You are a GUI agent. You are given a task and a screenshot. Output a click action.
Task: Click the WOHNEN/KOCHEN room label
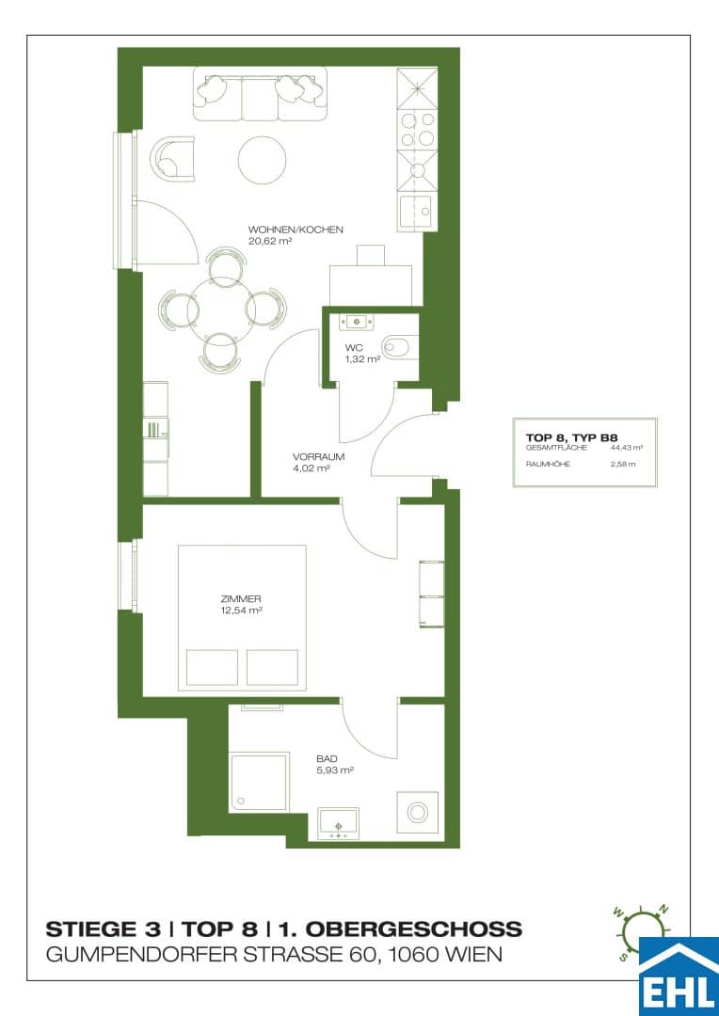coord(295,230)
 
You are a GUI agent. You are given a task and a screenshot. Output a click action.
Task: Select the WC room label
coord(354,347)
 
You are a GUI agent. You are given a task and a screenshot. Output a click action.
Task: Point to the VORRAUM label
coord(318,457)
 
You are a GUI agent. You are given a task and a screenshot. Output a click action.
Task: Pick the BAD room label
coord(327,759)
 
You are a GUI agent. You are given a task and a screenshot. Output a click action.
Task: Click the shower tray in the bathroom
coord(259,782)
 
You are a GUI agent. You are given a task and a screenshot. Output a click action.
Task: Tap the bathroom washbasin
coord(338,824)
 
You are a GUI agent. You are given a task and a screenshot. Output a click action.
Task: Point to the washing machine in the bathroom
coord(416,811)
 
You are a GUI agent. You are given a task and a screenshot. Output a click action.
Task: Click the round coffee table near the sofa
coord(262,160)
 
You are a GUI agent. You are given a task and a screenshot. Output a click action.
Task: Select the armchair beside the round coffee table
coord(172,158)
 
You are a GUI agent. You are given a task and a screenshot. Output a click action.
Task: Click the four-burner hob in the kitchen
coord(417,130)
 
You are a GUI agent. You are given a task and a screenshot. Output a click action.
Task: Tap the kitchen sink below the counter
coord(417,212)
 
